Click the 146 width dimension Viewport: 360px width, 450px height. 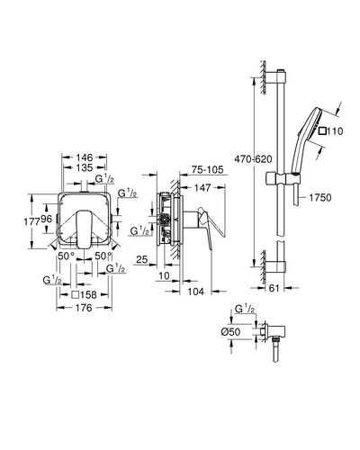[x=85, y=157]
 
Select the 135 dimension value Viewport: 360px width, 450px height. [x=85, y=167]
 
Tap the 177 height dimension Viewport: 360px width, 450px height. [x=31, y=221]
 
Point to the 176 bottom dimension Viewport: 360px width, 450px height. [x=84, y=308]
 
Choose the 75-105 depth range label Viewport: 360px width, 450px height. [x=208, y=170]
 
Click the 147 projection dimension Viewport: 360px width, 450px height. [x=202, y=188]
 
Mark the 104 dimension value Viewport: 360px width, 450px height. [x=195, y=291]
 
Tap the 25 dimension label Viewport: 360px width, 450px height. [x=142, y=259]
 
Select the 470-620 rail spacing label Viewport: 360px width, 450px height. [x=253, y=158]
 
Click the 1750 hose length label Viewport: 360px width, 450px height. [x=320, y=197]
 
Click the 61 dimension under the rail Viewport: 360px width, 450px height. [x=274, y=288]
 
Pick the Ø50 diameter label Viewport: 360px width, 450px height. [x=230, y=332]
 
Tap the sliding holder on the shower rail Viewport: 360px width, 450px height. [x=283, y=179]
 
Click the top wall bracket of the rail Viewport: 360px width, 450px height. [x=276, y=76]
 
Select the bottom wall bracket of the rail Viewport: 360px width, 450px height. [x=276, y=265]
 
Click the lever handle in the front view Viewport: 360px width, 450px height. [x=83, y=229]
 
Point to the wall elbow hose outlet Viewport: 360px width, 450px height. [x=274, y=333]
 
